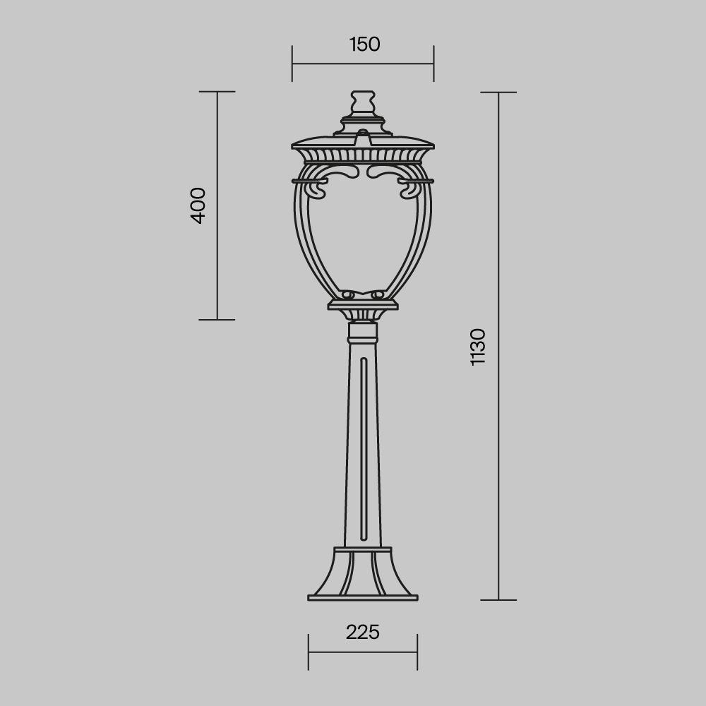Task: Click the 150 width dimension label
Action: coord(364,44)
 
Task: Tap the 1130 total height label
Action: coord(478,346)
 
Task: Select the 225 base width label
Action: coord(363,632)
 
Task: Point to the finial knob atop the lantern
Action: coord(363,100)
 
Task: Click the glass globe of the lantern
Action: coord(363,233)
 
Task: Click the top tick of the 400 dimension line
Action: coord(217,92)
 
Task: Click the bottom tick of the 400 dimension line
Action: coord(217,319)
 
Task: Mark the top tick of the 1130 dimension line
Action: coord(498,92)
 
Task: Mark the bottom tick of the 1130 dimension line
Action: coord(498,600)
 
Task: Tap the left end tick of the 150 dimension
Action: coord(292,64)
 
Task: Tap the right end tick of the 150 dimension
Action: coord(433,64)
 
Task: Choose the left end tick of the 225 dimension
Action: coord(309,652)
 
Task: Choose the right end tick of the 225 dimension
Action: coord(417,652)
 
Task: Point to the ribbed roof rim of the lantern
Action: coord(363,153)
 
